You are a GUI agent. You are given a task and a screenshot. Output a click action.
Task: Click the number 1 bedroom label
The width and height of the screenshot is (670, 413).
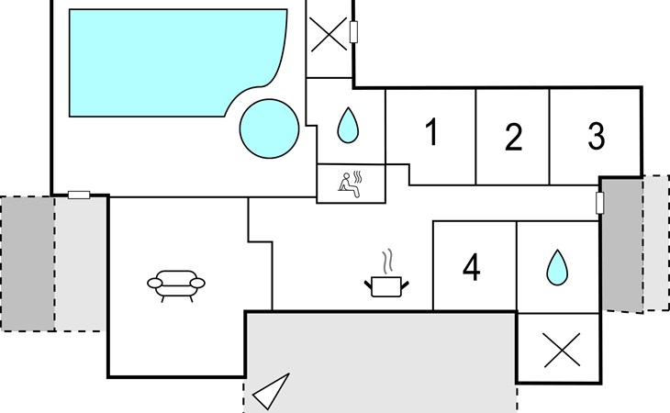(x=430, y=134)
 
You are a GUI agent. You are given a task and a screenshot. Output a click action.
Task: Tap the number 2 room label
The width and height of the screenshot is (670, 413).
(x=513, y=138)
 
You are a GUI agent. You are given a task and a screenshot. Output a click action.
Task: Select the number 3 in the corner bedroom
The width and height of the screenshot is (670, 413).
(x=596, y=137)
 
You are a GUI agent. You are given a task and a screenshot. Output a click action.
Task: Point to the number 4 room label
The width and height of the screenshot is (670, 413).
(x=472, y=268)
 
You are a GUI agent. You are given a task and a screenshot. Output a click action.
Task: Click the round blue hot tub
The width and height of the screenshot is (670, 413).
(x=269, y=128)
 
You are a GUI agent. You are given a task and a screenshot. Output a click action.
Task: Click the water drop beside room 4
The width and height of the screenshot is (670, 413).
(x=557, y=267)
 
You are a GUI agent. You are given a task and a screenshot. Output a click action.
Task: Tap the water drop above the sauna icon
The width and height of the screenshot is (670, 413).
(x=347, y=125)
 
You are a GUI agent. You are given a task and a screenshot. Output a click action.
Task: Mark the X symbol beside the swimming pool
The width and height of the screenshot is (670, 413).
(x=327, y=37)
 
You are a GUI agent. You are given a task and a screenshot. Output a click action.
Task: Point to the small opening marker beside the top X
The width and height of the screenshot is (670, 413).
(x=353, y=34)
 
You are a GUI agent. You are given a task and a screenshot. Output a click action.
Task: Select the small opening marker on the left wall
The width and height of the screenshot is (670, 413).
(x=80, y=195)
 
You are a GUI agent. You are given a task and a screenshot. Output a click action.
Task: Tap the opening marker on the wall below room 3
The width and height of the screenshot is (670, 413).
(x=600, y=202)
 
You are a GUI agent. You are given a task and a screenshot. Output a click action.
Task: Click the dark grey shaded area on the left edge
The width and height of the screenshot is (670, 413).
(x=28, y=262)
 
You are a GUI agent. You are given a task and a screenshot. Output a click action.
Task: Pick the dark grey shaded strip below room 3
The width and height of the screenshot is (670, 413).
(x=621, y=242)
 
